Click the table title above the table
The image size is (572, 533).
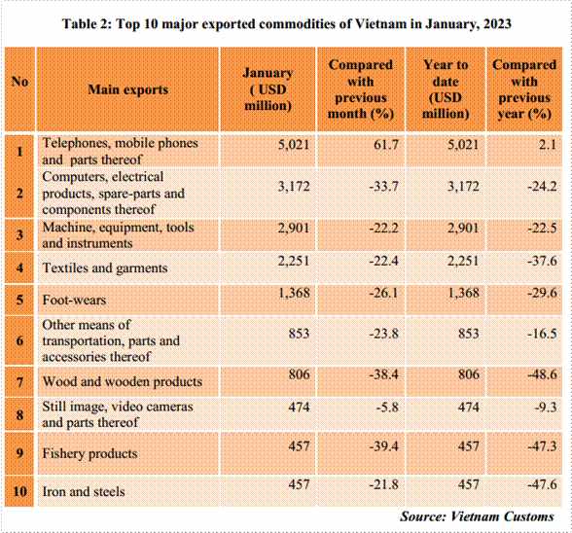(287, 24)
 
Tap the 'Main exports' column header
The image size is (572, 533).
(128, 89)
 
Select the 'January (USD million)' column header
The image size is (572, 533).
(268, 89)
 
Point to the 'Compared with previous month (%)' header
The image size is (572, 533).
(360, 89)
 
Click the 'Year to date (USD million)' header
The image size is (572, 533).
(446, 89)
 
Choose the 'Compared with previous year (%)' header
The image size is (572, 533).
(524, 89)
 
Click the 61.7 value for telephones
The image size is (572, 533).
(386, 145)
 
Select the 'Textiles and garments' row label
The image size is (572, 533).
(105, 268)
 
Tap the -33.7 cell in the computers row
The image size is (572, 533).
(383, 187)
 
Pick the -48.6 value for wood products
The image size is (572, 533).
(542, 374)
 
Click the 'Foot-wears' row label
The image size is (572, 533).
(74, 300)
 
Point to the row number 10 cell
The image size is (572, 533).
(19, 491)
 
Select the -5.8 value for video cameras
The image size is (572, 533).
(387, 407)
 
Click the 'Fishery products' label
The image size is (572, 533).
(89, 453)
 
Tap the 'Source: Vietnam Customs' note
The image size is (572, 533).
(477, 516)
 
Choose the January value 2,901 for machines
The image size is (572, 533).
(294, 229)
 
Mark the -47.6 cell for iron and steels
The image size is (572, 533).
(542, 484)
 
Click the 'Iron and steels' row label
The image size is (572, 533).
(84, 491)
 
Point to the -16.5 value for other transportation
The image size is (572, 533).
(542, 334)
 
